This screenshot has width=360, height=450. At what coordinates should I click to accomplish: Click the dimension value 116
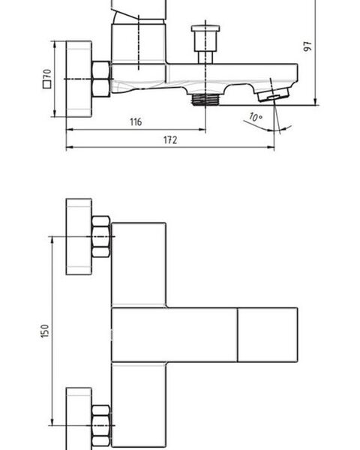click(x=136, y=121)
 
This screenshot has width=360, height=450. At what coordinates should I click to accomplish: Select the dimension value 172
click(x=170, y=140)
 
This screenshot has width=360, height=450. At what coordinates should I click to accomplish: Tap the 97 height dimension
click(x=307, y=46)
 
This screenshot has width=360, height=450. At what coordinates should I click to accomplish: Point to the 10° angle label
click(x=256, y=118)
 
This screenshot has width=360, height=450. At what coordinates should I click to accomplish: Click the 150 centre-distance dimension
click(x=45, y=331)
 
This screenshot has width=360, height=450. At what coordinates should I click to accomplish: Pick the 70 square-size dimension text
click(x=47, y=74)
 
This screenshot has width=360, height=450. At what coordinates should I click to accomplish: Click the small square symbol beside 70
click(x=46, y=84)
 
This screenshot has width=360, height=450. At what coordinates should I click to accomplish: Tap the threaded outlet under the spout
click(x=205, y=99)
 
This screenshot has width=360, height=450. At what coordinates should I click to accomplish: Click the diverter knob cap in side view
click(x=205, y=28)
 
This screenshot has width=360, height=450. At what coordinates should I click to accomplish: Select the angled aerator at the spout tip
click(x=273, y=94)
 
